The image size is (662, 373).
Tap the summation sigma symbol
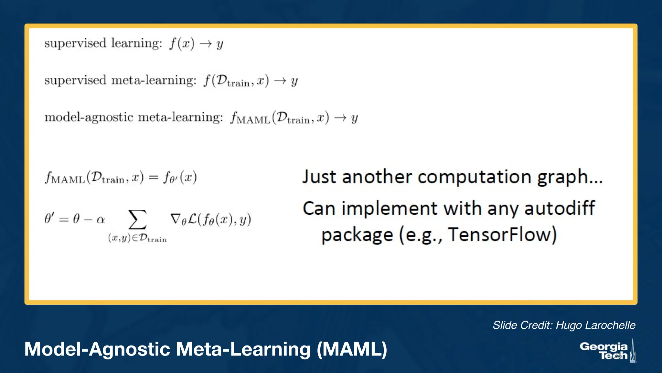coord(137,220)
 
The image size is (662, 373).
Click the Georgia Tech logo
coord(607,351)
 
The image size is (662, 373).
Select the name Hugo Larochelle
coord(595,325)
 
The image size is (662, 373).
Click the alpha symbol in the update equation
coord(101,220)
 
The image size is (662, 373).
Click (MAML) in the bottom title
coord(352,349)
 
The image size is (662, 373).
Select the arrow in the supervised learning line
coord(206,44)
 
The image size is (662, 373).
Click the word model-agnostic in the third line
coord(89,117)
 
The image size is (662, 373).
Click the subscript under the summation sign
coord(137,238)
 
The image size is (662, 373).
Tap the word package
coord(357,235)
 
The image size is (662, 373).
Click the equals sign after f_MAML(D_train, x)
coord(153,178)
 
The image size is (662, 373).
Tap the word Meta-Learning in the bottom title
coord(243,349)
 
